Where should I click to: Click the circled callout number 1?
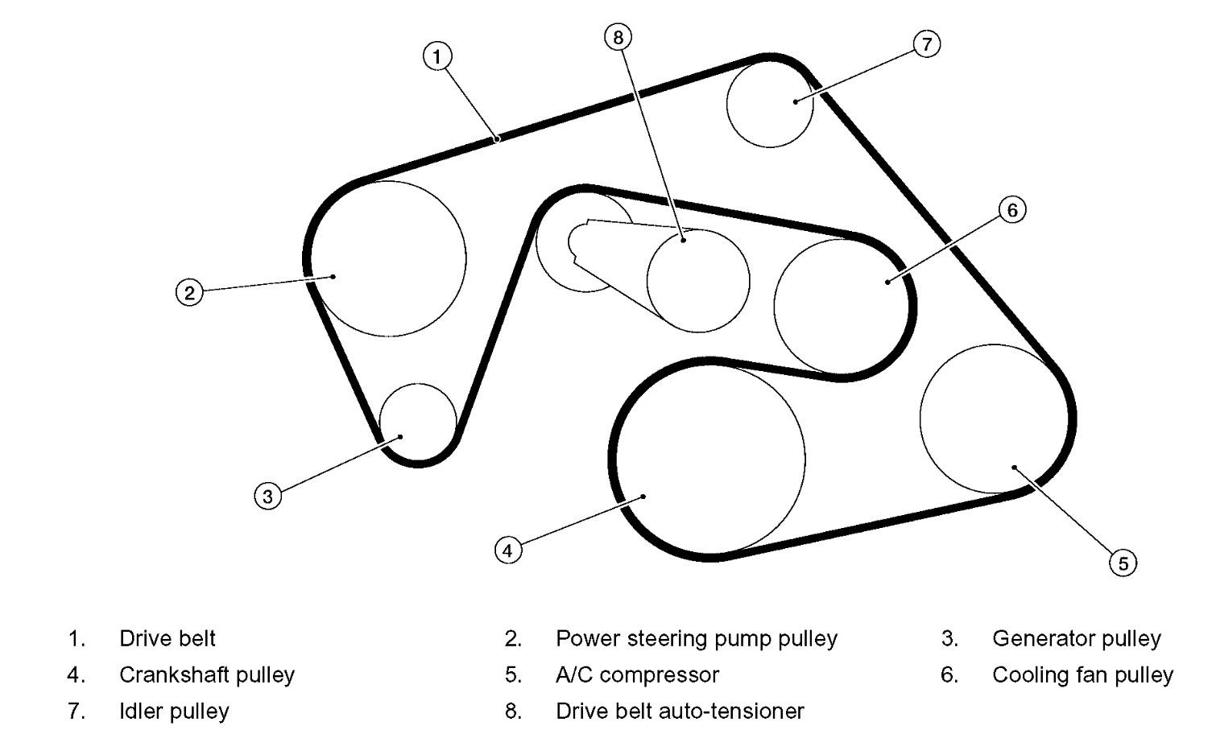coord(436,56)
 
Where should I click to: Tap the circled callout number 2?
coord(189,291)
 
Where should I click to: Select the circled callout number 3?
coord(267,496)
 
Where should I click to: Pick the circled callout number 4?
coord(507,550)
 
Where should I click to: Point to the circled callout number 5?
coord(1123,563)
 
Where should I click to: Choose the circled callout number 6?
coord(1012,210)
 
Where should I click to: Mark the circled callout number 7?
coord(927,43)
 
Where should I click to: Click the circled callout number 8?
coord(618,36)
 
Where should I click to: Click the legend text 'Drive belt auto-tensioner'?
coord(680,711)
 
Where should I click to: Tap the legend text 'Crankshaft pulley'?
coord(207,674)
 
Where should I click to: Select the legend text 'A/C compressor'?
coord(637,674)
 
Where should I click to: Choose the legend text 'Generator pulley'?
coord(1076,638)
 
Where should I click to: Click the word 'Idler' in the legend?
coord(139,711)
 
